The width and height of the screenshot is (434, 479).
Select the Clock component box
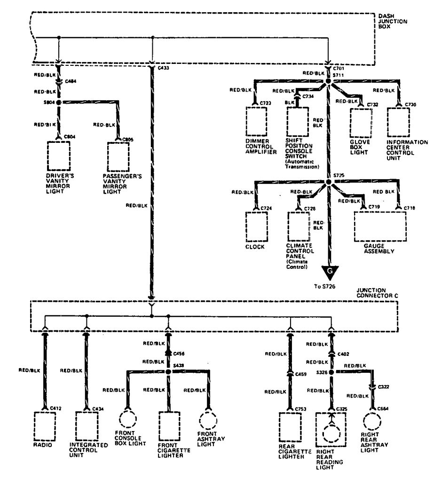pyautogui.click(x=256, y=225)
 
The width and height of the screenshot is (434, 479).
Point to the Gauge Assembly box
pyautogui.click(x=380, y=226)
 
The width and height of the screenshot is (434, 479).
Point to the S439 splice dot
pyautogui.click(x=168, y=371)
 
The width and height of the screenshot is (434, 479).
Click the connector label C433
pyautogui.click(x=164, y=68)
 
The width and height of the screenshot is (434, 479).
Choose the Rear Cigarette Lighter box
pyautogui.click(x=290, y=428)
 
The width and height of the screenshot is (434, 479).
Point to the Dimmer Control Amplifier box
pyautogui.click(x=256, y=121)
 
